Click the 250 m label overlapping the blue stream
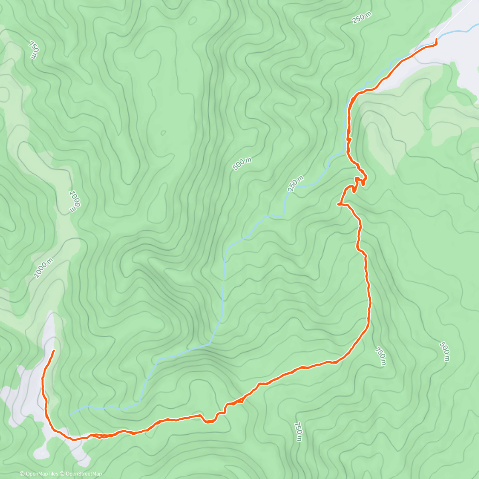click(x=296, y=184)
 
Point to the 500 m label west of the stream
click(x=242, y=164)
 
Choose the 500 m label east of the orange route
click(x=444, y=352)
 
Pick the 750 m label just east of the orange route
click(x=380, y=356)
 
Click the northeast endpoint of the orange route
click(x=436, y=39)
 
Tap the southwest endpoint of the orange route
click(x=53, y=350)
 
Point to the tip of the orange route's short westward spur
click(x=338, y=204)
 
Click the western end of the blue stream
click(x=71, y=414)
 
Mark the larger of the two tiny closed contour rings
click(x=193, y=20)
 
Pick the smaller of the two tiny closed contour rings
click(x=163, y=133)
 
